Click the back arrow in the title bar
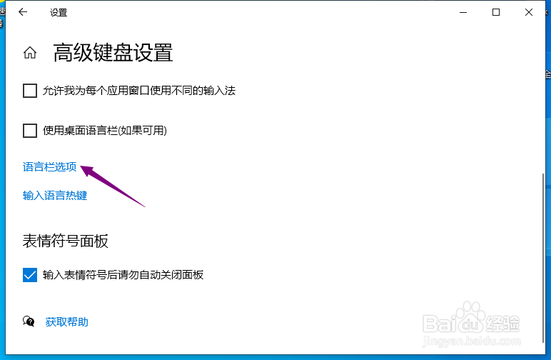23,12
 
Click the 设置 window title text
59,13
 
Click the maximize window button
496,12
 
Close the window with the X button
528,12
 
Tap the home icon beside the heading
30,53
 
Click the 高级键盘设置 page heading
113,53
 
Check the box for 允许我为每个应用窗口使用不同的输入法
30,91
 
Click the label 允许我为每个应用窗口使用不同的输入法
139,91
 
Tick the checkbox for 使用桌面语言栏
30,131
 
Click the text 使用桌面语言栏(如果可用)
105,131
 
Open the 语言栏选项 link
49,167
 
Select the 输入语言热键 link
55,196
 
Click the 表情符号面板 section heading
66,241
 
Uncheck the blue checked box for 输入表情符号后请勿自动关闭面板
30,275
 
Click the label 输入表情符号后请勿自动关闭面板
123,275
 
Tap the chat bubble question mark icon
29,321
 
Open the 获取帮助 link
67,322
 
